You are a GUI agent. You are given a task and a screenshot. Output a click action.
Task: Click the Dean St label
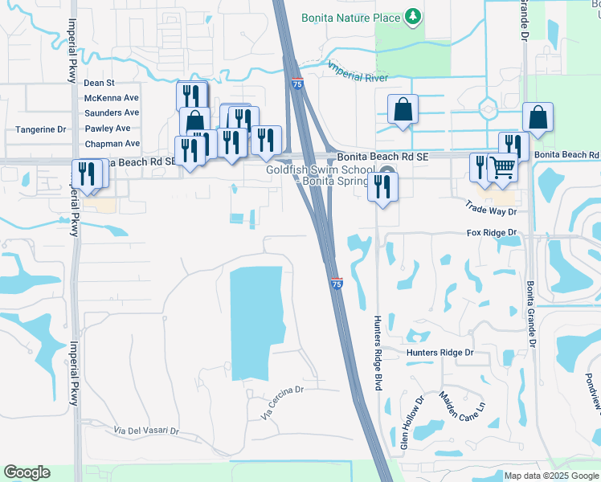(100, 83)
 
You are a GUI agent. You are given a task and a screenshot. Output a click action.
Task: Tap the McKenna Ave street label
(112, 98)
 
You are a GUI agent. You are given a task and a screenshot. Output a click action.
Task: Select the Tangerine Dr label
(40, 129)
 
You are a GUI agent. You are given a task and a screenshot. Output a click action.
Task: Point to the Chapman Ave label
(112, 144)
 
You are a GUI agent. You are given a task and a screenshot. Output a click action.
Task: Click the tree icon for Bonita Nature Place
(412, 16)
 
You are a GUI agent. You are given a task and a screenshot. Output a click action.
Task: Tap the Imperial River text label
(357, 72)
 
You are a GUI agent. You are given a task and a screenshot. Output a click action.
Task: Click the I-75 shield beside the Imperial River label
(297, 84)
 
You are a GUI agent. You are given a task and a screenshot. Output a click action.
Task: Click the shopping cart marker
(502, 167)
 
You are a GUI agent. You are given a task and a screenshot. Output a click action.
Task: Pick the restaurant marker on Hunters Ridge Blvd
(382, 188)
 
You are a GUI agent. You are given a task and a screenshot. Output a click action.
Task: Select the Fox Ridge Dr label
(495, 233)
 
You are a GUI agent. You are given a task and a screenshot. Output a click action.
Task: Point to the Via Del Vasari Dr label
(145, 431)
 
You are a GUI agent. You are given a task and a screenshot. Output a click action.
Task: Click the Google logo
(27, 472)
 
